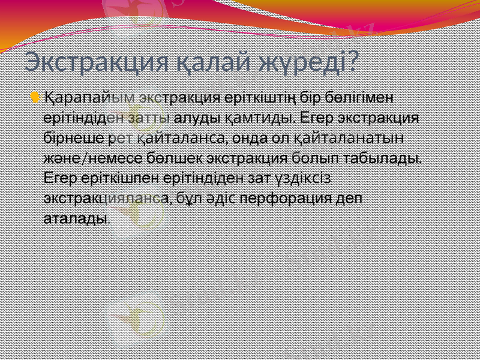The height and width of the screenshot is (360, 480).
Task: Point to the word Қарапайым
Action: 86,97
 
